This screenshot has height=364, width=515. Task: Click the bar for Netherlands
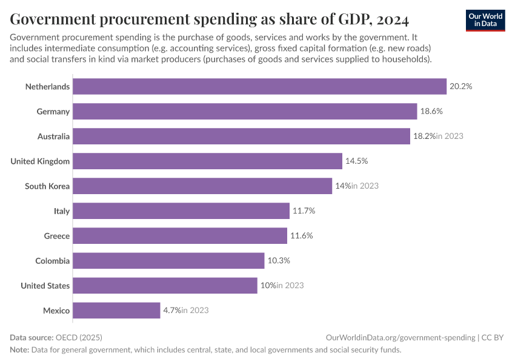259,87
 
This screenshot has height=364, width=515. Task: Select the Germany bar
245,112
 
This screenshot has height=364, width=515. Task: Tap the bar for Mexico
116,311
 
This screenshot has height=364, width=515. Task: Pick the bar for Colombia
168,261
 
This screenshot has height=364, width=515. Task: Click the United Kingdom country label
40,161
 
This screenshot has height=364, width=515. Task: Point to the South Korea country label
47,186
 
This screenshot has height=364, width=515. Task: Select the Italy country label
62,211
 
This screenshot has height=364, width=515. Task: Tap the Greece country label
57,236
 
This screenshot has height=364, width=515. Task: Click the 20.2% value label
460,87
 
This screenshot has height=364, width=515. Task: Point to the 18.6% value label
431,112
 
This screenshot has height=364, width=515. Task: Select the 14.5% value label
356,161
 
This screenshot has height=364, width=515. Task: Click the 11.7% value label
304,211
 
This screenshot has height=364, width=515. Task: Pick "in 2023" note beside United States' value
290,286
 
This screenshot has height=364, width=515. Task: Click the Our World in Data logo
485,20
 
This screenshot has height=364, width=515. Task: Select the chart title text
210,20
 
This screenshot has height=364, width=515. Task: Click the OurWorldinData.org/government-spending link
399,337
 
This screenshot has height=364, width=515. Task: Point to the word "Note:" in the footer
21,350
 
